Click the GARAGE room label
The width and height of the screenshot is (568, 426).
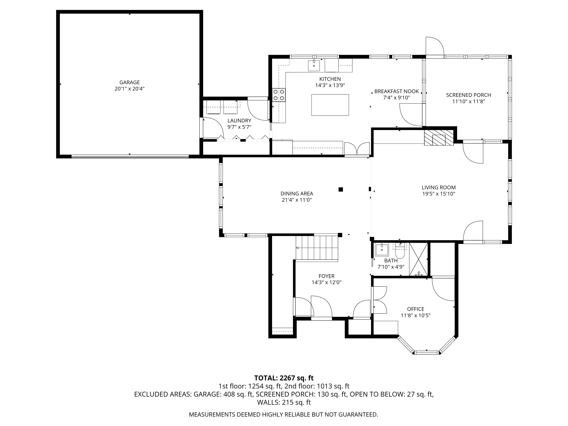pos(130,82)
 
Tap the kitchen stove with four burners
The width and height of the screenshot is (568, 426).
pos(279,95)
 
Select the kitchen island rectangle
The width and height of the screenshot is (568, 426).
pos(330,105)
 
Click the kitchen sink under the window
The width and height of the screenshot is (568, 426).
pos(314,66)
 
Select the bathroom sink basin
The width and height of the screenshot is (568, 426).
pos(382,250)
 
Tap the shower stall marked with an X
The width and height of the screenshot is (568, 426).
pos(418,259)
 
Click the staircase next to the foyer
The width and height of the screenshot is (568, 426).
pos(317,248)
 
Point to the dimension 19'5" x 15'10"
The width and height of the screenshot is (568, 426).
pos(438,194)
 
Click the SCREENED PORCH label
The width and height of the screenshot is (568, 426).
pos(468,95)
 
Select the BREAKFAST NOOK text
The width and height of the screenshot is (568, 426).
pos(396,91)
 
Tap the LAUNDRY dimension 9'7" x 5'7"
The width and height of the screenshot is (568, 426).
pos(239,127)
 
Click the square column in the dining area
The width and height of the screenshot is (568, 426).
pos(340,190)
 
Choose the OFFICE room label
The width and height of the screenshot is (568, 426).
pos(415,309)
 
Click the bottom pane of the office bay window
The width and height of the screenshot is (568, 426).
pos(427,353)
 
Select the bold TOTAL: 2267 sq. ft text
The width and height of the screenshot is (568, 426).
pos(284,378)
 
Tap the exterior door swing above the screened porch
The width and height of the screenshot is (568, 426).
pos(435,46)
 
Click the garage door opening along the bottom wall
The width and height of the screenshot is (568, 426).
pos(130,156)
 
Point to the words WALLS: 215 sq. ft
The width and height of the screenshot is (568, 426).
pos(284,402)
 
